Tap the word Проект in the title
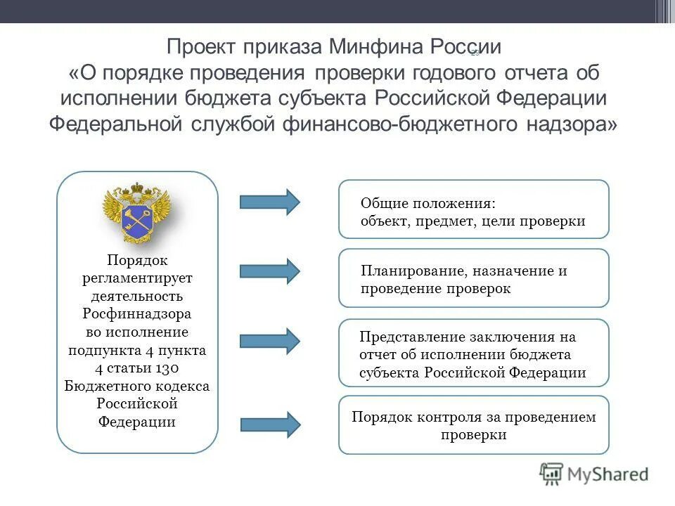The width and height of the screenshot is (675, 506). pyautogui.click(x=202, y=48)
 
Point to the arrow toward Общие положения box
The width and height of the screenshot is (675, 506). pyautogui.click(x=269, y=202)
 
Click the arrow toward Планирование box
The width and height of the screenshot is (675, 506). pyautogui.click(x=269, y=271)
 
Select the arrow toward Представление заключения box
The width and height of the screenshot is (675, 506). pyautogui.click(x=269, y=340)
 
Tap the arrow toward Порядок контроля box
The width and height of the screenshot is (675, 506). pyautogui.click(x=270, y=424)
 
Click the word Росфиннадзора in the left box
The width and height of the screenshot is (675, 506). pyautogui.click(x=137, y=313)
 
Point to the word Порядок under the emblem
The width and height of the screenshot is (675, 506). pyautogui.click(x=137, y=260)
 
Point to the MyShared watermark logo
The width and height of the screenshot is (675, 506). pyautogui.click(x=594, y=474)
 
